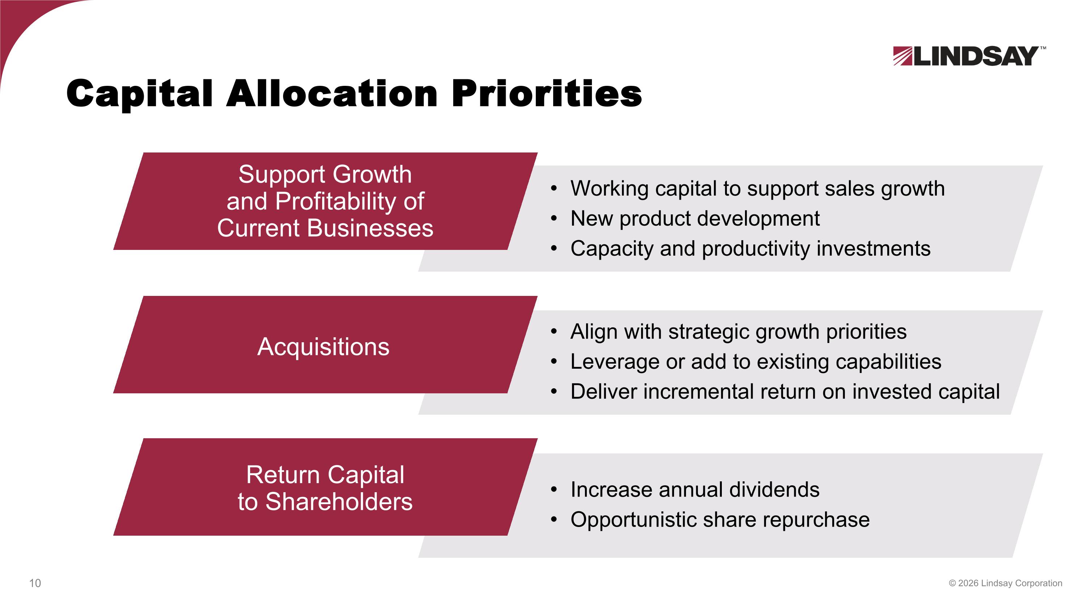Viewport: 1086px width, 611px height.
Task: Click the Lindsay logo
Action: point(968,56)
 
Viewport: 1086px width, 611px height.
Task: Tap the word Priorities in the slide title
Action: point(546,93)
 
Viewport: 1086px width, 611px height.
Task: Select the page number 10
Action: point(35,583)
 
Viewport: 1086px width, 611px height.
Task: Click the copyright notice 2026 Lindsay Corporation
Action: point(1006,583)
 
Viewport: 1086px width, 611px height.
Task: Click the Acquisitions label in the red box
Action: point(323,347)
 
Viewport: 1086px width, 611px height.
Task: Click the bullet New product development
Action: point(695,218)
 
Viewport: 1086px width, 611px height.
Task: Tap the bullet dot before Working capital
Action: point(554,188)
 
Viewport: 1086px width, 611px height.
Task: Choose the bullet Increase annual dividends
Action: point(695,490)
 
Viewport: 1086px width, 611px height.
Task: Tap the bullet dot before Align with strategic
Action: point(554,331)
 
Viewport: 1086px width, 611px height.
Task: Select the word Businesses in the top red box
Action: point(370,228)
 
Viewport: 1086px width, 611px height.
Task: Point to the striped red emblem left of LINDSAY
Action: point(902,56)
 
